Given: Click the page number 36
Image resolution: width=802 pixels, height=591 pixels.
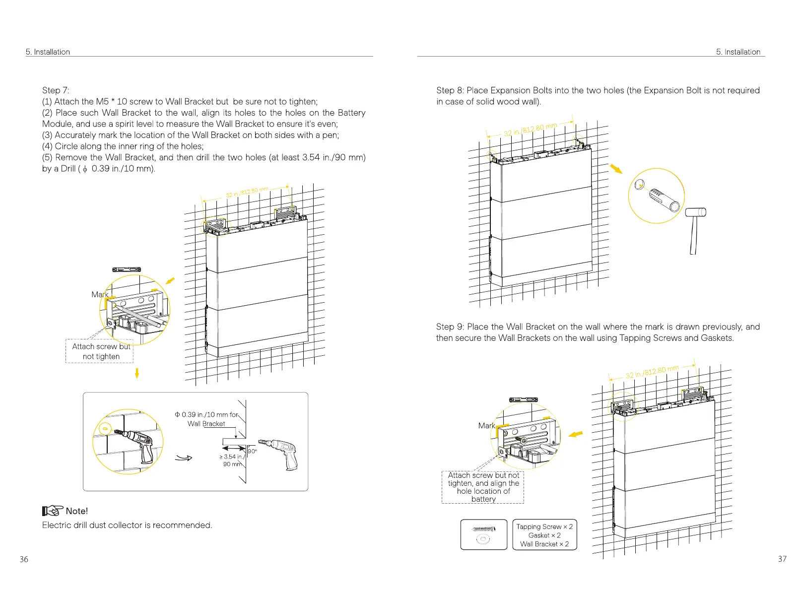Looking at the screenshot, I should pos(24,559).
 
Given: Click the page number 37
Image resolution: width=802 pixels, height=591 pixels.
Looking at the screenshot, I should pos(782,559).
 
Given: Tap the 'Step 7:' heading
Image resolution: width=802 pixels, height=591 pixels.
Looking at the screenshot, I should pos(56,90).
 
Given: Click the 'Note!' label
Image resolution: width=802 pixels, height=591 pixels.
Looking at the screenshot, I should pos(76,511).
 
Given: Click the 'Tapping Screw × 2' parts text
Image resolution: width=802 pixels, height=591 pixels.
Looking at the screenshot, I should pos(544,526).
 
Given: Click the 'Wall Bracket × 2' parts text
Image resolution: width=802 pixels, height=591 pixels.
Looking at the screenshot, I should pos(544,544).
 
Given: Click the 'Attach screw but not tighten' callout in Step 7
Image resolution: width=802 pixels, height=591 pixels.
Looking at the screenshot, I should pos(101,351).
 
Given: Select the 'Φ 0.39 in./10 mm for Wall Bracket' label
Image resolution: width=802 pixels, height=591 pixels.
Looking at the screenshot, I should pos(206,419).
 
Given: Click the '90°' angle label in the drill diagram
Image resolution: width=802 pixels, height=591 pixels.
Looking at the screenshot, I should pos(252,451).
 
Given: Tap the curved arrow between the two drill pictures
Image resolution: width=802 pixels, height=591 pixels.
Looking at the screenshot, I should pos(184,458).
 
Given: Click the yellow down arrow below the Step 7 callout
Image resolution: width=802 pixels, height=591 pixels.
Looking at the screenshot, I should pos(137,373).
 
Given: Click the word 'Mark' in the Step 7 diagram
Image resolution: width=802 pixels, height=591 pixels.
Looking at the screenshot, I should pos(100,294).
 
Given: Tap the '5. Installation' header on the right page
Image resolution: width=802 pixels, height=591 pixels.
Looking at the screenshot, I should pos(738,52).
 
